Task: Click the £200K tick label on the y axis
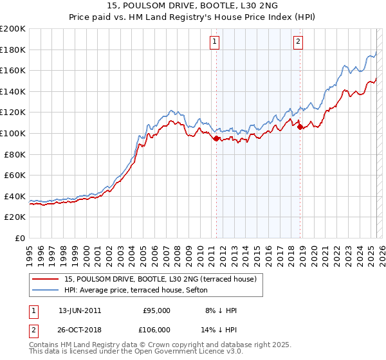tap(13, 28)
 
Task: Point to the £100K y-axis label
tap(13, 133)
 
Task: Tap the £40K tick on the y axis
tap(15, 196)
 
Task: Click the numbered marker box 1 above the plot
tap(214, 42)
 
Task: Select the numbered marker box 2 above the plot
tap(299, 42)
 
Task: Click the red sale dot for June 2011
tap(216, 138)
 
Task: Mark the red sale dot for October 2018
tap(300, 127)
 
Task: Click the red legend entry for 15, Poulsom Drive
tap(161, 279)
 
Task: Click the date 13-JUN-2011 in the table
tap(80, 310)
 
